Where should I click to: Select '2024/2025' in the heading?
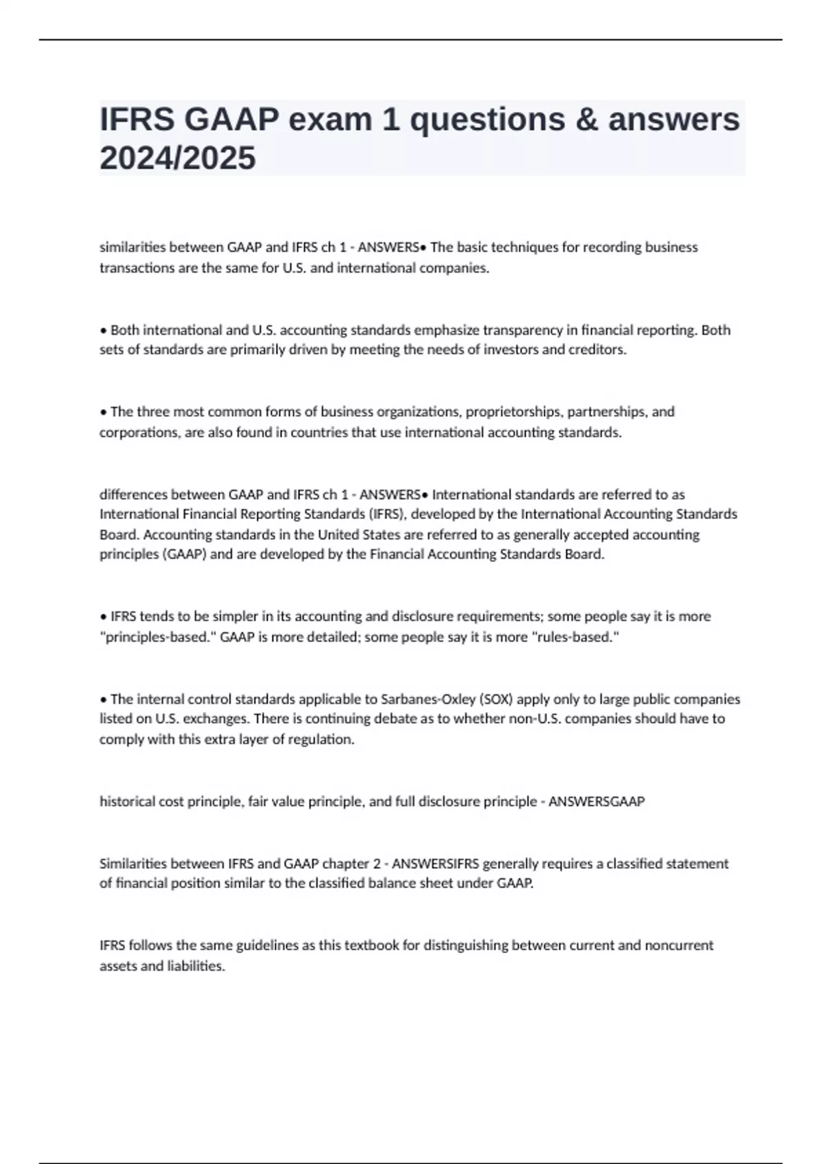177,158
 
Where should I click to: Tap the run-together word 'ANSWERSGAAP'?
597,801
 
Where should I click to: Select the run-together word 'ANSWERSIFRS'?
436,863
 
